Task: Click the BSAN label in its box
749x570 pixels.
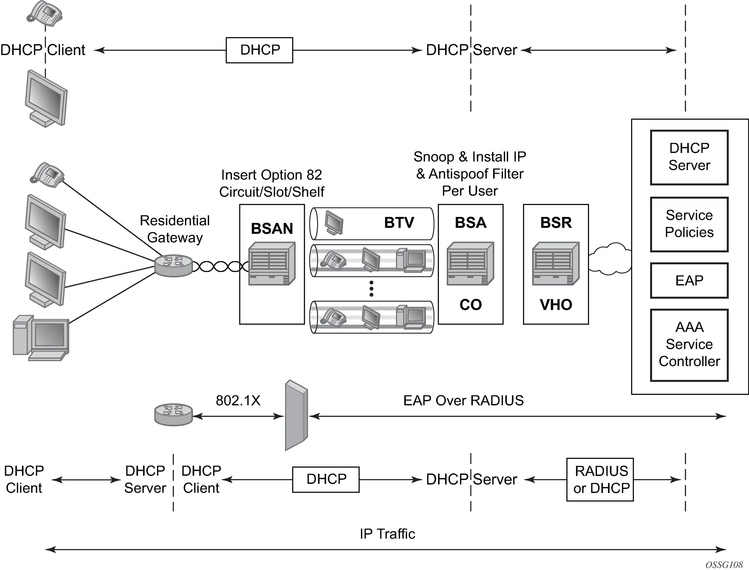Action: click(272, 229)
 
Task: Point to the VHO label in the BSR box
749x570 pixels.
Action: click(556, 305)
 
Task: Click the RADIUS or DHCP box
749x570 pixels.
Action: click(600, 479)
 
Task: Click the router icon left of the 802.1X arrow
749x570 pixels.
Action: click(173, 415)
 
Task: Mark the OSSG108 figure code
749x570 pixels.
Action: click(724, 565)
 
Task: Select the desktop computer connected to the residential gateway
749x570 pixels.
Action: click(41, 338)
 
